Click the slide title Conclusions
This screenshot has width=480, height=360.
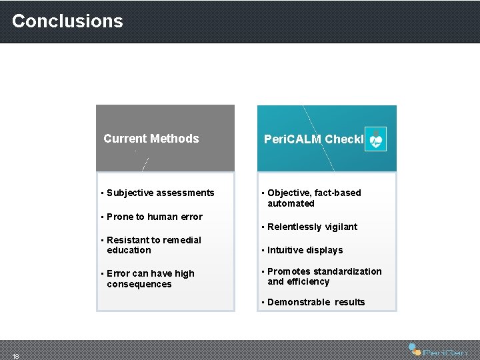67,21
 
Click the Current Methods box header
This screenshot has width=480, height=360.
151,139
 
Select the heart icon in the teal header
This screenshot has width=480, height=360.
376,139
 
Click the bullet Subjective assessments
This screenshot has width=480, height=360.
160,193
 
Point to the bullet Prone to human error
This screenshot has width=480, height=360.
154,217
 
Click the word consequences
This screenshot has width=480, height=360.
139,284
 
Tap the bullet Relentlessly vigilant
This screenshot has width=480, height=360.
312,227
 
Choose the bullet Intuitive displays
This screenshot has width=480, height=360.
305,250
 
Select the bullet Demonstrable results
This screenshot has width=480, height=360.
316,302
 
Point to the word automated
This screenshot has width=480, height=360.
291,203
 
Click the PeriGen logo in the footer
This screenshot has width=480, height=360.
438,350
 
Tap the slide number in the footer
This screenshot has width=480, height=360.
16,356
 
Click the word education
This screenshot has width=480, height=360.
129,250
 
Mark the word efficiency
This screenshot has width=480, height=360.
308,281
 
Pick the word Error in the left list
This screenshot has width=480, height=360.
118,273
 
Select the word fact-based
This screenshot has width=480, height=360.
338,193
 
